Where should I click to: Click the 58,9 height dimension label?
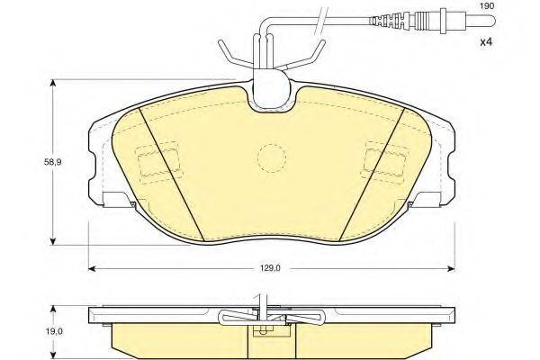click(x=52, y=162)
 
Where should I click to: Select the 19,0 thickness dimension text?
click(x=54, y=331)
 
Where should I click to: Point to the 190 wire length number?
click(x=487, y=5)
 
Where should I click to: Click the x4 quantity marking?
click(x=487, y=42)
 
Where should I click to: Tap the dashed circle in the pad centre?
click(x=272, y=157)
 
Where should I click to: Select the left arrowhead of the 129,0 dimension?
click(x=92, y=268)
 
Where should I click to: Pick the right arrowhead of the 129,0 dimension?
click(x=452, y=268)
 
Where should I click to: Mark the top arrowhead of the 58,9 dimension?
click(x=53, y=84)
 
